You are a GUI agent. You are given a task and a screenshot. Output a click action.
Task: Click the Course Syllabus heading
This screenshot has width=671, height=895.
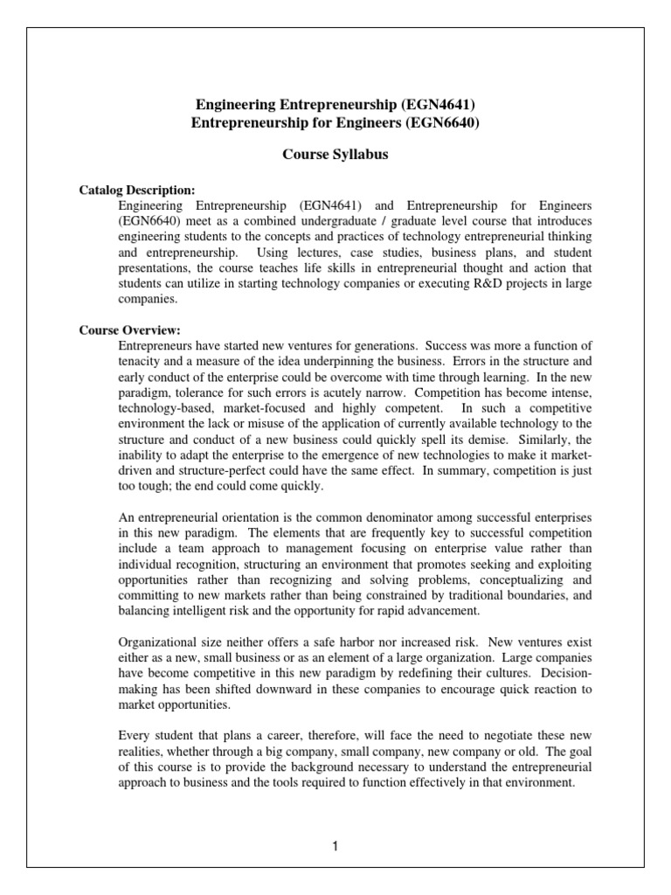[335, 154]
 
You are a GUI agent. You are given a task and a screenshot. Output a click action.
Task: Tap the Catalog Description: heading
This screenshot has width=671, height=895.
[137, 190]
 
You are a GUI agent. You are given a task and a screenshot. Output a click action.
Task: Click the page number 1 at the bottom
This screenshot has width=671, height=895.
[335, 846]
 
